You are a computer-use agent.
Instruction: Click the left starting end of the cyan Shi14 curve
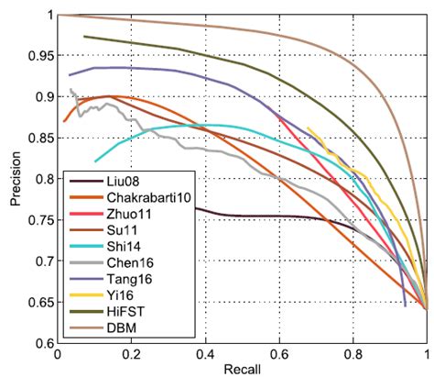pos(95,161)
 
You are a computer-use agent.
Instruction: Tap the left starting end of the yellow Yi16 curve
pos(307,128)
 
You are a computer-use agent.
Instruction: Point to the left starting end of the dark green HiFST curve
pos(83,37)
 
